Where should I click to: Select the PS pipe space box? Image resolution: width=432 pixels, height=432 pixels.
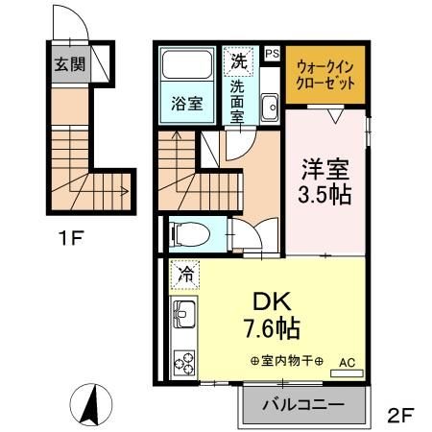point(272,54)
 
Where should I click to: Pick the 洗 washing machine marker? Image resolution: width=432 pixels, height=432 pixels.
point(237,60)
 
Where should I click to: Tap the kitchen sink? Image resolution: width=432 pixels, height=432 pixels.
point(183,314)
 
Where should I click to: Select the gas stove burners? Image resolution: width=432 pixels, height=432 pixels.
point(183,362)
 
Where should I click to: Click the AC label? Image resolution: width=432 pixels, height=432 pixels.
point(348,363)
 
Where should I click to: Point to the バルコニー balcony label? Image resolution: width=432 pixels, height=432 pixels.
point(303,405)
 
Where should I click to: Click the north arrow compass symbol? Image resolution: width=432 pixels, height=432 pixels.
point(89,404)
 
